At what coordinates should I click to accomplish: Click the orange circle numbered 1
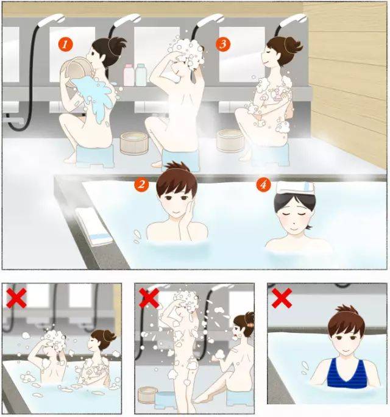tap(66, 44)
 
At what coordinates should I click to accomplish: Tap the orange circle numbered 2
tap(141, 184)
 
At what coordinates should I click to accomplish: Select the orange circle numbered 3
tap(223, 44)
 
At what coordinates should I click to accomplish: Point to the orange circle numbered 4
tap(263, 184)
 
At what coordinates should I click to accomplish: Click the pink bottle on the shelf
tap(129, 75)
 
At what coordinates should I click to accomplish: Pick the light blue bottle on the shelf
tap(141, 75)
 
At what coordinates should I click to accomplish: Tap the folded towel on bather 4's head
tap(296, 188)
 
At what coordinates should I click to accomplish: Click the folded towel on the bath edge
tap(94, 226)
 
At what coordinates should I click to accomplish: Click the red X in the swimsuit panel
tap(282, 298)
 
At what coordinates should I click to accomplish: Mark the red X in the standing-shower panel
tap(149, 298)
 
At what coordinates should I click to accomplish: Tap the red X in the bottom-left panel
tap(16, 298)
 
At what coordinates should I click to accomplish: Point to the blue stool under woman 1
tap(95, 156)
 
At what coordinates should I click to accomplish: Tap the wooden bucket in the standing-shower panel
tap(148, 395)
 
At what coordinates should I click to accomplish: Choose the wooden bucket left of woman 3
tap(230, 140)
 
